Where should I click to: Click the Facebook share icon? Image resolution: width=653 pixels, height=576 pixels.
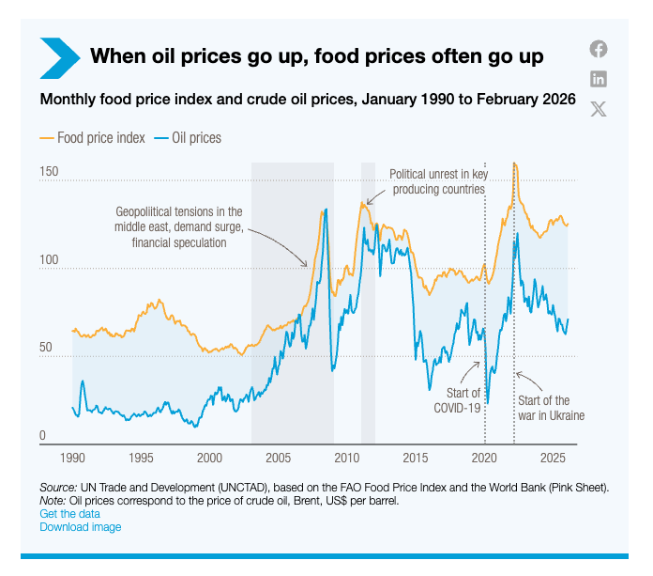(x=599, y=49)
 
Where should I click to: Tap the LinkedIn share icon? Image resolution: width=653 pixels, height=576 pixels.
(x=599, y=79)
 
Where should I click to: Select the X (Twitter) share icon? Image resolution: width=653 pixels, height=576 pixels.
(x=599, y=109)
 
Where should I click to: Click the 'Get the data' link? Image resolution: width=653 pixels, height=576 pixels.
(x=70, y=514)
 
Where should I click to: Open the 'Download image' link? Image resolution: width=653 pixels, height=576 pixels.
(x=80, y=527)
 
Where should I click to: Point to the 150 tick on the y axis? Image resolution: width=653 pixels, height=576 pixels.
(x=49, y=173)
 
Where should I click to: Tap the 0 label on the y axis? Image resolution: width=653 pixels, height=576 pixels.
(x=43, y=435)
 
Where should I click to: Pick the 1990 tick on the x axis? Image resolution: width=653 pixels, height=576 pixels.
(x=73, y=458)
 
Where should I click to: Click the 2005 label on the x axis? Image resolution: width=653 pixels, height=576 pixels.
(x=279, y=458)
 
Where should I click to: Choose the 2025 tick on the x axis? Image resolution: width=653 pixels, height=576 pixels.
(x=553, y=458)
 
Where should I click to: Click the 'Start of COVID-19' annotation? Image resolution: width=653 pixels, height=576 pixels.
(x=457, y=400)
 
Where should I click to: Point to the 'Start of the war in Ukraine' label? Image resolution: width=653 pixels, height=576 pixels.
(x=551, y=408)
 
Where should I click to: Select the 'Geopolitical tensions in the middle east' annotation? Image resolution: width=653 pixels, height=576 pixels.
(x=179, y=226)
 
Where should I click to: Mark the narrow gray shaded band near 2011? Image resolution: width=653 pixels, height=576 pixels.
(x=369, y=301)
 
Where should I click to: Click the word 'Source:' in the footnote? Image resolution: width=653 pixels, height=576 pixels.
(x=57, y=488)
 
